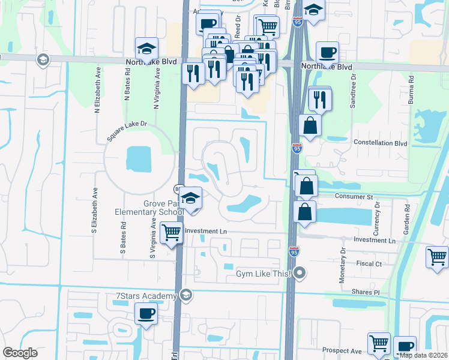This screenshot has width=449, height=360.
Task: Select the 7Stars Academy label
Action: [x=146, y=296]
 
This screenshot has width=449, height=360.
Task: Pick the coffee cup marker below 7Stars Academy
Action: [x=146, y=313]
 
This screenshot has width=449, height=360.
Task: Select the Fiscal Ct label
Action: [x=369, y=263]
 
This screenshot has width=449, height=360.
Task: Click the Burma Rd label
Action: [x=412, y=90]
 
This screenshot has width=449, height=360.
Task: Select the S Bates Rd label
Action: [x=123, y=240]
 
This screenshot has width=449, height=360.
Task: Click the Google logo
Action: [x=20, y=353]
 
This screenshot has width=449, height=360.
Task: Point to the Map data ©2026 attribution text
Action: [x=424, y=355]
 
